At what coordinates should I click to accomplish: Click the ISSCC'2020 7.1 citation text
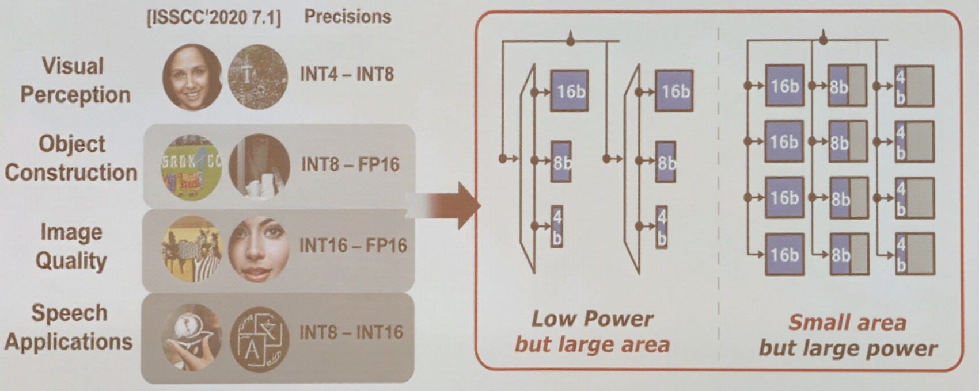tap(214, 18)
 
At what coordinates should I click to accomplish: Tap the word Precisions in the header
tap(347, 17)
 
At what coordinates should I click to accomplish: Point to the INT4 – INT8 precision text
tap(347, 74)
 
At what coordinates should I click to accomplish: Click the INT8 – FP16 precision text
tap(350, 164)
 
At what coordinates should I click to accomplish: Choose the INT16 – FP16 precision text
tap(352, 246)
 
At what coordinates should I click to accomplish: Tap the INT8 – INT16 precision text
tap(351, 332)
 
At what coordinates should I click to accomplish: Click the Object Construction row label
tap(71, 158)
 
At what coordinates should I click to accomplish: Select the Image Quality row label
tap(71, 246)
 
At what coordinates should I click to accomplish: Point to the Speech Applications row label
tap(69, 327)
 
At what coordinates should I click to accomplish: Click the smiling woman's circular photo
tap(192, 76)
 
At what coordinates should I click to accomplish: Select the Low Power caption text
tap(591, 319)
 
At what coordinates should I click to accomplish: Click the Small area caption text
tap(847, 323)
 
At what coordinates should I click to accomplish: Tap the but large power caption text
tap(847, 348)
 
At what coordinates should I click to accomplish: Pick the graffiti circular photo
tap(192, 167)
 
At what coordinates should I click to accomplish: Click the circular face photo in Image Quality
tap(259, 249)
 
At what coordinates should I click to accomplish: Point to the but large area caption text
tap(591, 344)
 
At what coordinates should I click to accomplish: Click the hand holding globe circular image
tap(192, 336)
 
